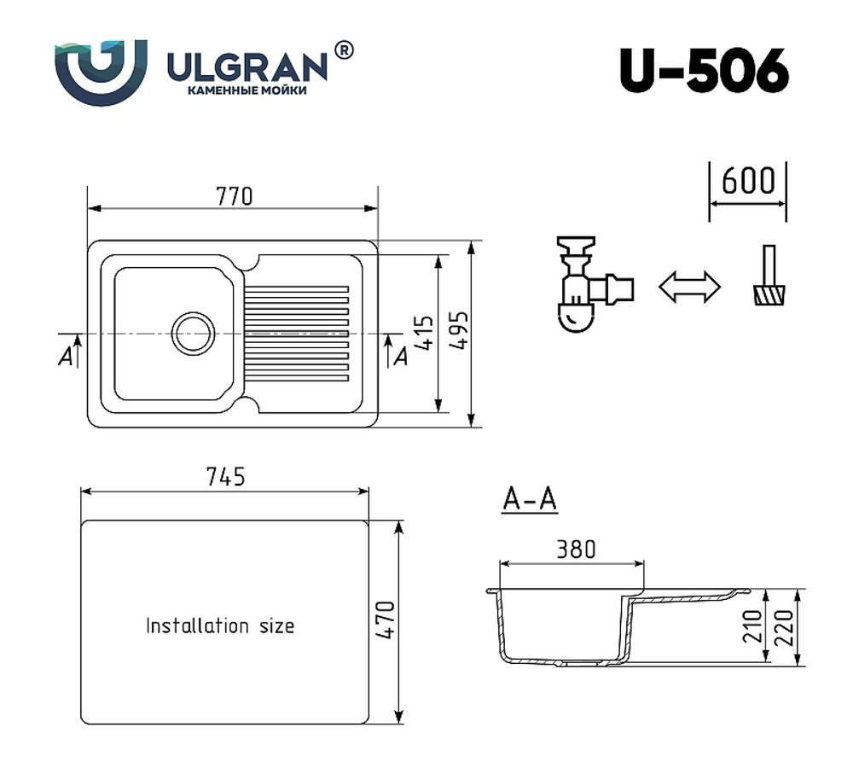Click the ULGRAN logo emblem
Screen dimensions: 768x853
[101, 70]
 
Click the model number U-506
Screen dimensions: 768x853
[704, 71]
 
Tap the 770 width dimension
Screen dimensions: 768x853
[234, 196]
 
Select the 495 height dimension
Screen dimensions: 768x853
[461, 333]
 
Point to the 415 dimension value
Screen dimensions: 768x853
[426, 333]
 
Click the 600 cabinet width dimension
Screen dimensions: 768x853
[748, 181]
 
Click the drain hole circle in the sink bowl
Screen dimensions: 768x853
[194, 333]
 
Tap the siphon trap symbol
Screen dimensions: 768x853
[589, 286]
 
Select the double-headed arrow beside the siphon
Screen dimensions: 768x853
[689, 287]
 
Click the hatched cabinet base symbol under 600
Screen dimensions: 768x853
[770, 295]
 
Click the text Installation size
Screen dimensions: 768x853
[220, 625]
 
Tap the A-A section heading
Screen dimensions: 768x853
[530, 500]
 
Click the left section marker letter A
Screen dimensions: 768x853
[65, 358]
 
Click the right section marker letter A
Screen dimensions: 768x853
[399, 357]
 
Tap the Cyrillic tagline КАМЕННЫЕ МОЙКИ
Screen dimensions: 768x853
[247, 90]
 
